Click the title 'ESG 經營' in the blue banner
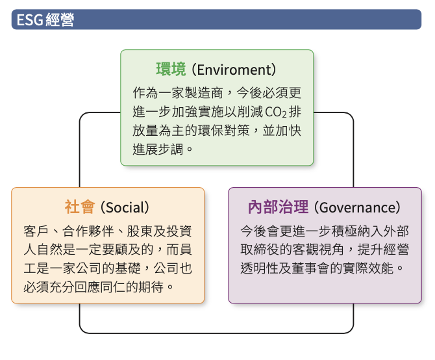tap(45, 19)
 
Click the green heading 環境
tap(171, 69)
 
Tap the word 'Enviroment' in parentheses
tap(234, 70)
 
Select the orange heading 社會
tap(80, 207)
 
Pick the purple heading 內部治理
tap(278, 207)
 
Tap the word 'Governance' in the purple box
tap(357, 207)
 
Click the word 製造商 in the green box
tap(203, 93)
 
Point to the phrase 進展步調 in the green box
tap(158, 149)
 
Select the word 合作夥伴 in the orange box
tap(88, 231)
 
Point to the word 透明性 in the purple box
tap(260, 268)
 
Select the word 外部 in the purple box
tap(396, 231)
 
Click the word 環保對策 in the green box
tap(223, 131)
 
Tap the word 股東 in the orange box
tap(140, 231)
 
